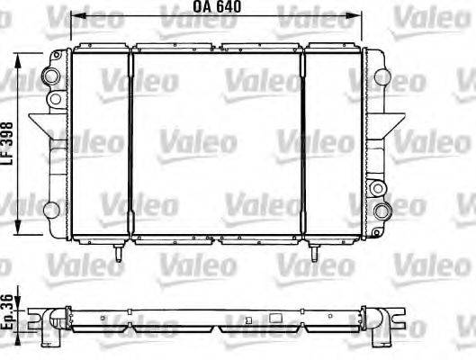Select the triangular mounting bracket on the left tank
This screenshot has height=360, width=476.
tap(40, 122)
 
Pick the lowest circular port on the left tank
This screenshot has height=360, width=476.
tap(51, 210)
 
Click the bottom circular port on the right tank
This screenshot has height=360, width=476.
tap(382, 211)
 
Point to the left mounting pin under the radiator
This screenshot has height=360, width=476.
tap(119, 255)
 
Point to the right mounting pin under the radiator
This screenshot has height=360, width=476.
tap(314, 255)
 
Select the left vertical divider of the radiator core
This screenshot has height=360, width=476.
tap(131, 144)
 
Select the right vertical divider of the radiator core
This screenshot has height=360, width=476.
tap(304, 144)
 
